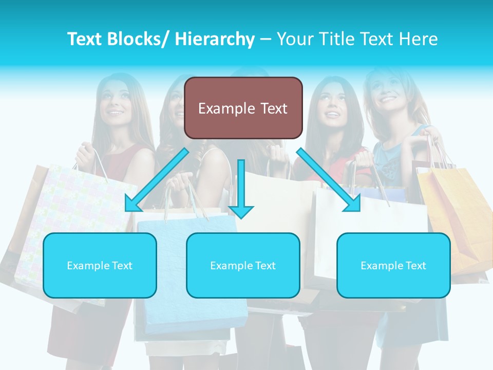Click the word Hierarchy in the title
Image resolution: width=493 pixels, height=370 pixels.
tap(214, 39)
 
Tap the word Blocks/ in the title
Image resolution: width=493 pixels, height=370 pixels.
tap(138, 39)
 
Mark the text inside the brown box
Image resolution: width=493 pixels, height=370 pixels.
tap(243, 108)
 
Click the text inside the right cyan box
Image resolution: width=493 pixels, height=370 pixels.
tap(393, 266)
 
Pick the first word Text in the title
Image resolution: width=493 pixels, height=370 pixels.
tap(86, 39)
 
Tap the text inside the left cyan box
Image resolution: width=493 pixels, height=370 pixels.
tap(100, 266)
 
